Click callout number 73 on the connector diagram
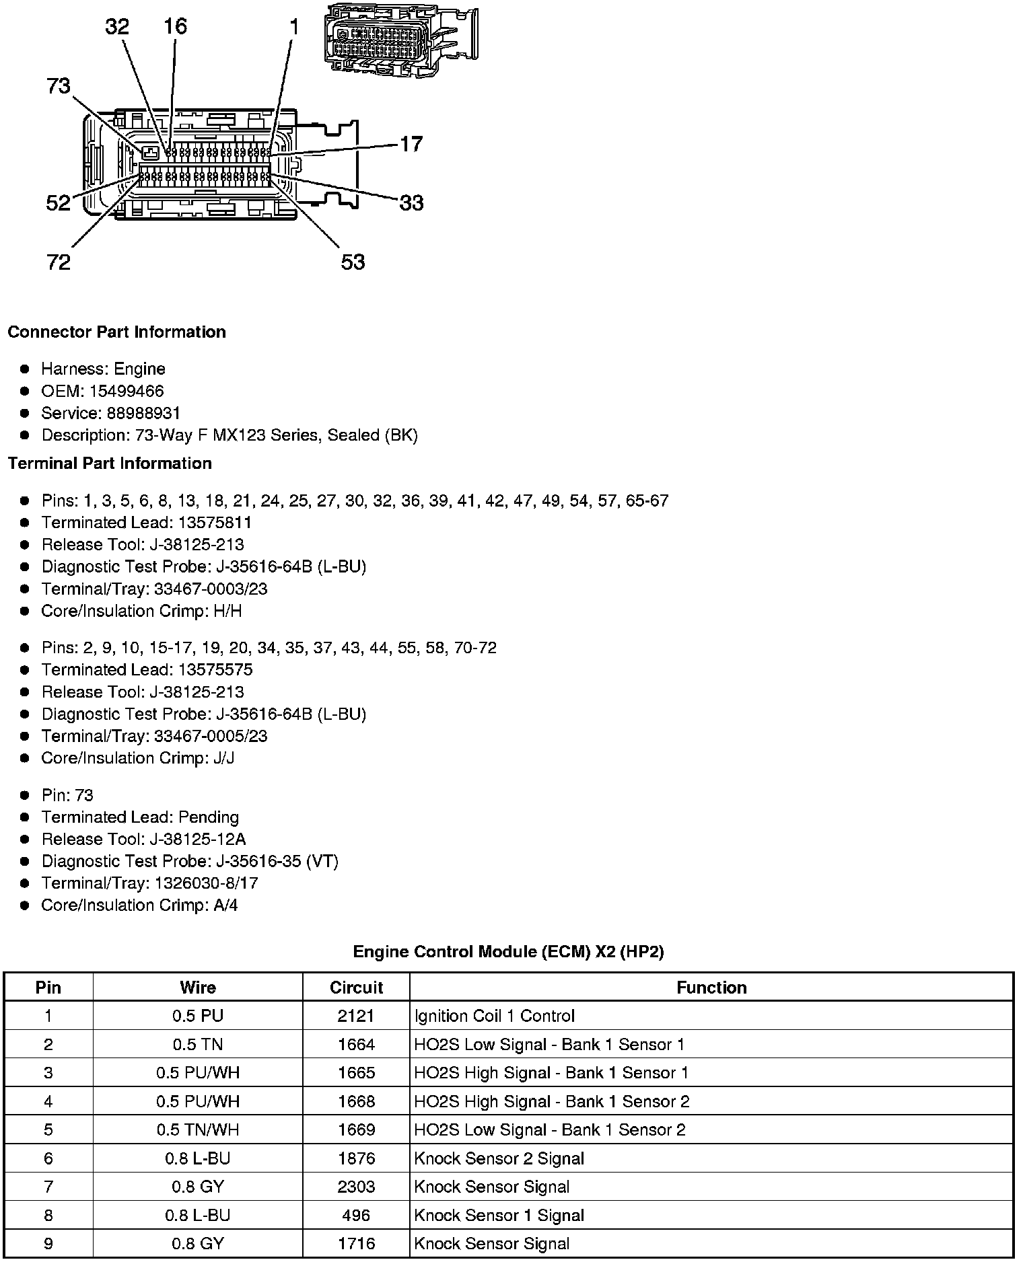tap(59, 86)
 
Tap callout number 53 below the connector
tap(353, 262)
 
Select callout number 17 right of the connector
tap(411, 144)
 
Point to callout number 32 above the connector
tap(117, 27)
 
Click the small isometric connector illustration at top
tap(400, 39)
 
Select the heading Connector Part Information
tap(117, 332)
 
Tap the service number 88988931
tap(143, 413)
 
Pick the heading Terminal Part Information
tap(110, 463)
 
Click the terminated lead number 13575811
tap(215, 523)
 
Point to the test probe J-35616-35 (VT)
tap(277, 861)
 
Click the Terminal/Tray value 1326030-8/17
tap(206, 883)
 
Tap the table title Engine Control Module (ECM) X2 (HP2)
tap(508, 952)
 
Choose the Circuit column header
tap(356, 988)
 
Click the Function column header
tap(711, 988)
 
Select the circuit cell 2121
tap(356, 1016)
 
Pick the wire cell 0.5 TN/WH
tap(198, 1129)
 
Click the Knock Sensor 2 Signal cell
tap(499, 1158)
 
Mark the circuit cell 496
tap(356, 1215)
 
